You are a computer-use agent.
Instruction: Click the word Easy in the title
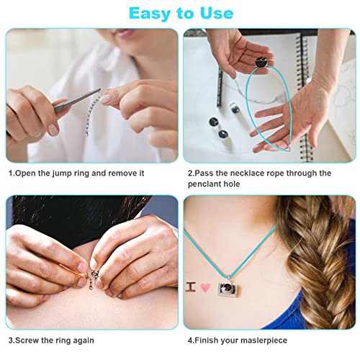(144, 13)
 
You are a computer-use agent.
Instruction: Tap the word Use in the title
(215, 13)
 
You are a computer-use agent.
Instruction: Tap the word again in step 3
(81, 340)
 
